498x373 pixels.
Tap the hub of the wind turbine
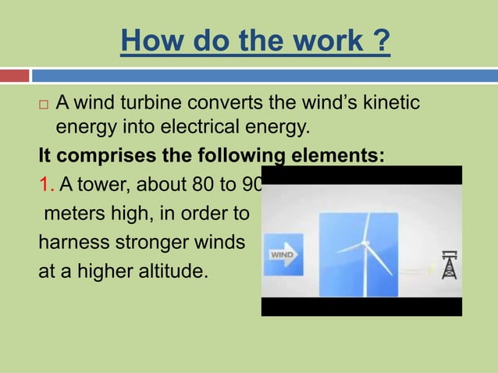tap(364, 246)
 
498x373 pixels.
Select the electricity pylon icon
tap(448, 265)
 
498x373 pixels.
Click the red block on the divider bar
tap(14, 76)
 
